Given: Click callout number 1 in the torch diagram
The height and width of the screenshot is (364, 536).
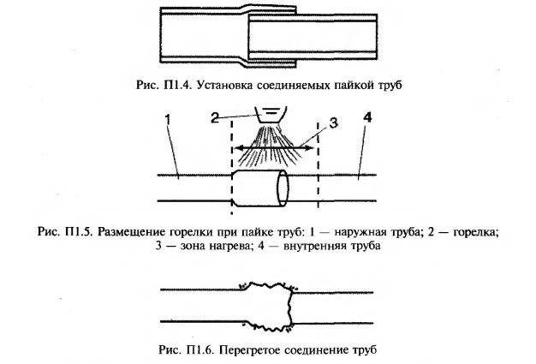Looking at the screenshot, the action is coord(168,120).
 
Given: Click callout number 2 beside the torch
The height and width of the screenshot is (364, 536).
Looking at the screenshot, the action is coord(215,118).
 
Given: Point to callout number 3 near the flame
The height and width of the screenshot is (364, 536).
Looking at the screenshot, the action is coord(334,122).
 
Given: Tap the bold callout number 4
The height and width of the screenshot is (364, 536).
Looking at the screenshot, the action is coord(367,118).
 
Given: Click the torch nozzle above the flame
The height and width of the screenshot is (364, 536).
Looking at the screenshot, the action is coord(271,115).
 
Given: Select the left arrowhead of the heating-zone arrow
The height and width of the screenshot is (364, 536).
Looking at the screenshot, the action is coord(238,148).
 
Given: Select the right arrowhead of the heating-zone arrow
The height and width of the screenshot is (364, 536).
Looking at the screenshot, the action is coord(309,148).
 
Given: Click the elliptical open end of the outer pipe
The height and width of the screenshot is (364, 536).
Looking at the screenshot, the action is coord(283,188).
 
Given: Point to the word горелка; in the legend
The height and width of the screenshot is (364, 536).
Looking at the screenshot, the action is coord(476,232).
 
